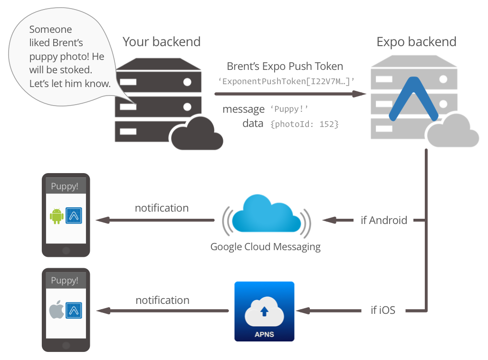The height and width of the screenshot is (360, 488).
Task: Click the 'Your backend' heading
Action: pos(162,42)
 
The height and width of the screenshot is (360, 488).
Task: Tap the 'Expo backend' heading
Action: pos(416,42)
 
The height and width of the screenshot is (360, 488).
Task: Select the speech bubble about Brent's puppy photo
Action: pos(67,57)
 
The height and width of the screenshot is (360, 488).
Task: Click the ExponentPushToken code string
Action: pos(286,81)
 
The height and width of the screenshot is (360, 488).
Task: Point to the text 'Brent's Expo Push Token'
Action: pos(285,67)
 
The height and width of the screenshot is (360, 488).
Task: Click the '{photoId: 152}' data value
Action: pos(304,124)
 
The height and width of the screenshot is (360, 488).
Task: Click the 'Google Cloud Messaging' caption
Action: pos(265,247)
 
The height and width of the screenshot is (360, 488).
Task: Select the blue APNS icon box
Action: pos(264,311)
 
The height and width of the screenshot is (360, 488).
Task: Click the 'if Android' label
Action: pos(384,220)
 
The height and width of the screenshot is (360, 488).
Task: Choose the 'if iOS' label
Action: pos(383,311)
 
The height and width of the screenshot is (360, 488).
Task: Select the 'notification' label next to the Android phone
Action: pos(162,208)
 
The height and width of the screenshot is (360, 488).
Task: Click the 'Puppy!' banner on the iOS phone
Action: pos(65,281)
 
